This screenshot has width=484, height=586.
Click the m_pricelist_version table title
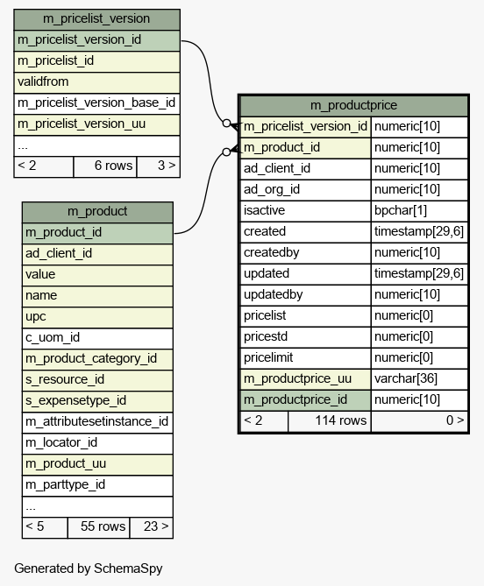point(96,19)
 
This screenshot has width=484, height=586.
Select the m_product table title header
point(97,212)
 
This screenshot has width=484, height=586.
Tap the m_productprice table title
point(354,106)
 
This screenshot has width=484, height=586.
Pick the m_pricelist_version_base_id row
point(96,103)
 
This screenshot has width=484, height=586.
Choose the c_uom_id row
point(97,338)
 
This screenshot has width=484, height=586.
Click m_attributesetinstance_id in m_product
point(97,422)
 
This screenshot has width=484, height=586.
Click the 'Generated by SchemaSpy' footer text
point(89,568)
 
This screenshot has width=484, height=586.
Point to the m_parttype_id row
point(97,485)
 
